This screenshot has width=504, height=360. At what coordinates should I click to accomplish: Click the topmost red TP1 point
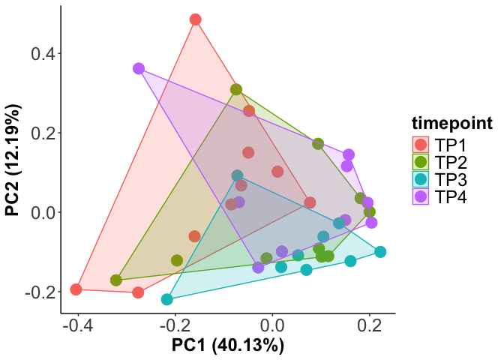point(196,19)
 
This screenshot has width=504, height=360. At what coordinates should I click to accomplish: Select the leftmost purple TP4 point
point(139,68)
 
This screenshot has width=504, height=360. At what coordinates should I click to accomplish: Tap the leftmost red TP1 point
point(76,289)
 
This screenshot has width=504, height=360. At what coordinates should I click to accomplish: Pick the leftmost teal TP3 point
point(167,299)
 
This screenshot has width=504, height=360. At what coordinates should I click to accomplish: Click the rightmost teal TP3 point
point(380,252)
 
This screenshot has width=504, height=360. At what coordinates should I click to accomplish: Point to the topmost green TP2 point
point(236,90)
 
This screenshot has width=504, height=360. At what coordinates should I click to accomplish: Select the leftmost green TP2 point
point(116,280)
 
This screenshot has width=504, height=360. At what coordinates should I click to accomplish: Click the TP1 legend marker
point(420,144)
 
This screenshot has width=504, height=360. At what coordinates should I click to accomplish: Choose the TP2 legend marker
point(420,162)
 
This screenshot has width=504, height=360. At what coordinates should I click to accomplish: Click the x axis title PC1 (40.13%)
point(228,346)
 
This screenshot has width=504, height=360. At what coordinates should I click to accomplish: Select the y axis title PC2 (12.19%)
point(13,160)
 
